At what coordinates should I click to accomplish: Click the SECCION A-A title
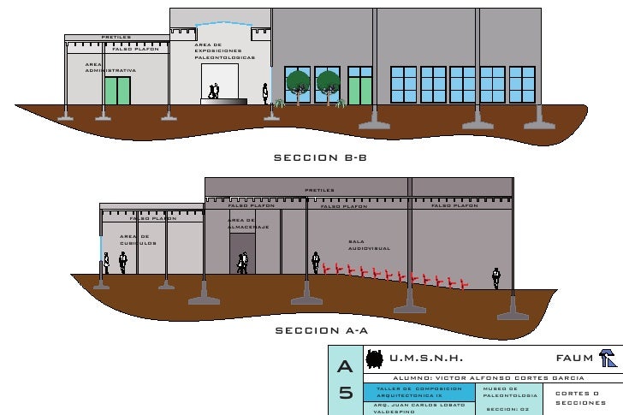click(319, 330)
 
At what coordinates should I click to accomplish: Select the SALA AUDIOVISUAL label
click(369, 245)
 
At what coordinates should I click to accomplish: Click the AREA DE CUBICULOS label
click(136, 240)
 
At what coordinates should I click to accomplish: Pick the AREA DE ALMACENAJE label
click(248, 223)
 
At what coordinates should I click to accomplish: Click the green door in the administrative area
click(117, 90)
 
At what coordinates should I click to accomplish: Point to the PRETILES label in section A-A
click(319, 190)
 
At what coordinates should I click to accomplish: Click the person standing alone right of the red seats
click(495, 277)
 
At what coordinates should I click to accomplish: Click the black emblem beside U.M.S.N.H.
click(373, 359)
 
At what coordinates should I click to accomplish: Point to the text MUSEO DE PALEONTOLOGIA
click(510, 392)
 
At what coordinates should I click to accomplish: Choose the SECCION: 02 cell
click(509, 408)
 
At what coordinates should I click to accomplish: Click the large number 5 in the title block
click(346, 394)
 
